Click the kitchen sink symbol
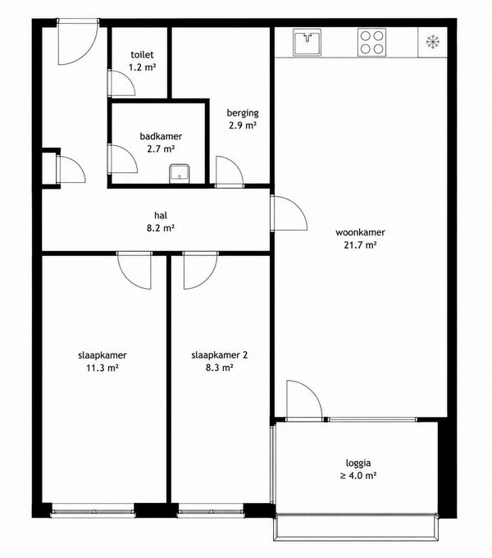click(307, 42)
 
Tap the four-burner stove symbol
click(371, 42)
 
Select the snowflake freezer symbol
click(433, 42)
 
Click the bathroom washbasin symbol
click(180, 173)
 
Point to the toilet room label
click(142, 54)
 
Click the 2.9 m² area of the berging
click(243, 126)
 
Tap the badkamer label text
click(161, 136)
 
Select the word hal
click(161, 215)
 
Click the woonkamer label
click(360, 232)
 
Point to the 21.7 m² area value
click(360, 245)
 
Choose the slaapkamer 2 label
click(219, 355)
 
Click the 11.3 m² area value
click(102, 368)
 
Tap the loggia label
click(358, 464)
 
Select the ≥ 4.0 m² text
click(358, 475)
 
